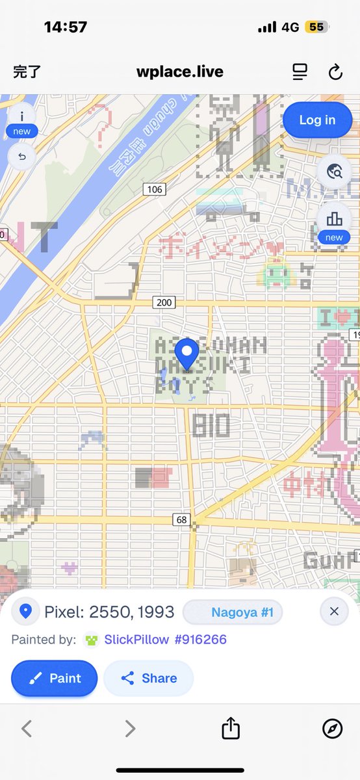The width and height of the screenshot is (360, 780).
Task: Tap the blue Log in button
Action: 317,120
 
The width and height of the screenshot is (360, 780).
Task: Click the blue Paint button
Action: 55,678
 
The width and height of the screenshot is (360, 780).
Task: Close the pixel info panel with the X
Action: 334,612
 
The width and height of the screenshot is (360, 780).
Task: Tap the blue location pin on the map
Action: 188,355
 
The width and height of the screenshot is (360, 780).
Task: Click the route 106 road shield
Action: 154,189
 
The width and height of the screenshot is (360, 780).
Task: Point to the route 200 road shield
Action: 164,302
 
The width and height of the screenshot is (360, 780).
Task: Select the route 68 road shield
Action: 181,519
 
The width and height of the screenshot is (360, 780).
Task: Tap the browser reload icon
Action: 335,72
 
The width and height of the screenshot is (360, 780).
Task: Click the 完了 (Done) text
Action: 27,72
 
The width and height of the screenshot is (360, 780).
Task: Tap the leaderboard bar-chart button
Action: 334,218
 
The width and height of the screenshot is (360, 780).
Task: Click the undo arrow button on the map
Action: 22,157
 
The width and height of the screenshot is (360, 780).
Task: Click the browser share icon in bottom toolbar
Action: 231,729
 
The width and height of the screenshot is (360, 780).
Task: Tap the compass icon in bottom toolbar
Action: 332,729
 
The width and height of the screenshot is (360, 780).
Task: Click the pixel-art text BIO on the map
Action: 211,426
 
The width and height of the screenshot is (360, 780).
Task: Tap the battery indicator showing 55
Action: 316,27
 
